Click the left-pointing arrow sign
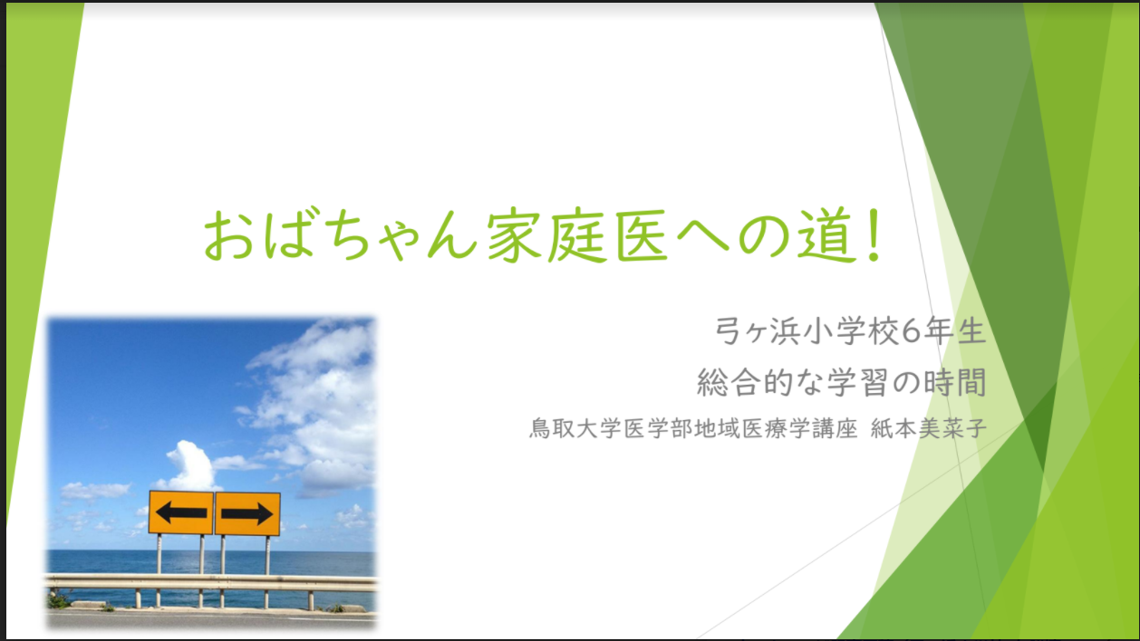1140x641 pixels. click(x=180, y=512)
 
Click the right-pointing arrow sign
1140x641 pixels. click(x=247, y=513)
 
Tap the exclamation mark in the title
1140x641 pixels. click(x=874, y=235)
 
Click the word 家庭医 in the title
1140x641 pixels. click(x=577, y=235)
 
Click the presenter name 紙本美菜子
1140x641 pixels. click(x=929, y=428)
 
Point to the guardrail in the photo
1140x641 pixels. click(x=211, y=583)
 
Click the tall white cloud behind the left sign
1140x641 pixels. click(x=191, y=465)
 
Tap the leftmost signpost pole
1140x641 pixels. click(x=159, y=569)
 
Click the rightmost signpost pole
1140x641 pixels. click(x=267, y=571)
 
